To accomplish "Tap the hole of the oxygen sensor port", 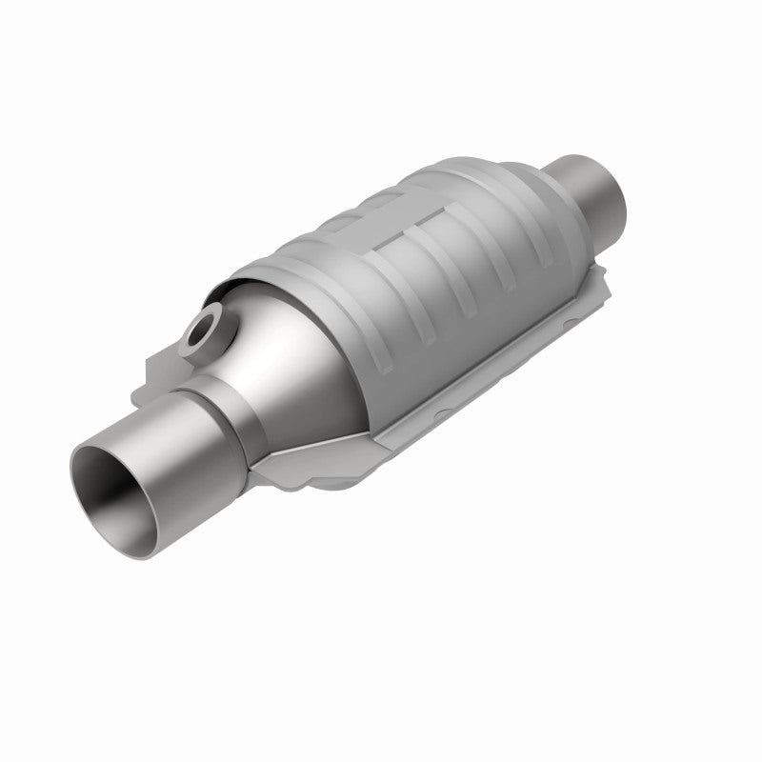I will click(203, 333).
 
